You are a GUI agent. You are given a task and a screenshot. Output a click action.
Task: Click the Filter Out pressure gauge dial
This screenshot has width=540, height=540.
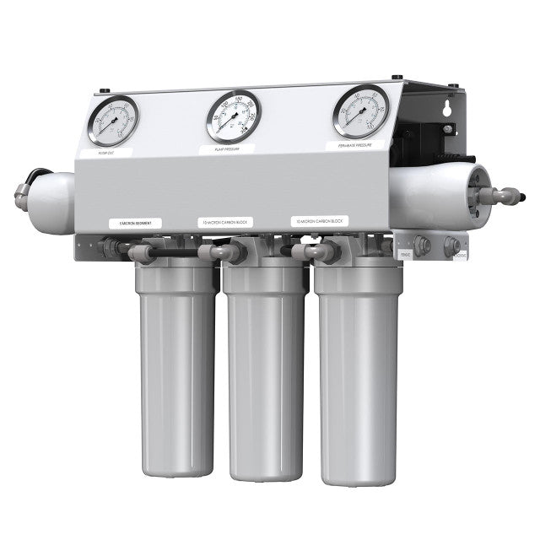(x=113, y=121)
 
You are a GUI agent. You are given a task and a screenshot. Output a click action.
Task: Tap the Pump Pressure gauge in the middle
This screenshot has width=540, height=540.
(x=233, y=116)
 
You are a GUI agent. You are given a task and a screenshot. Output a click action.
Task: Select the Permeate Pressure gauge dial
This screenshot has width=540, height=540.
(x=360, y=111)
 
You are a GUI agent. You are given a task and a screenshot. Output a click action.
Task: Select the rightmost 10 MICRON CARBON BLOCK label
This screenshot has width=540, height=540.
(x=320, y=220)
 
